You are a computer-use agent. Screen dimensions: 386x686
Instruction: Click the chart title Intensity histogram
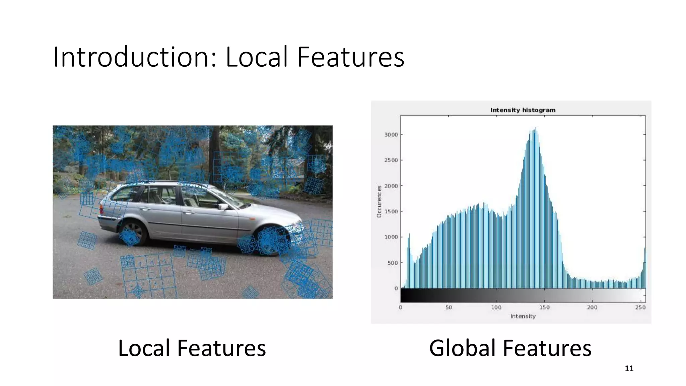pos(523,110)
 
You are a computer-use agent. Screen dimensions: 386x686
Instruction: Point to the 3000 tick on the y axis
pos(391,135)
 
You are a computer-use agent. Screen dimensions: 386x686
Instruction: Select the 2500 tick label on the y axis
pos(391,160)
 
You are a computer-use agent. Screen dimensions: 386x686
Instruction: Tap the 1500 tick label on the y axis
pos(391,211)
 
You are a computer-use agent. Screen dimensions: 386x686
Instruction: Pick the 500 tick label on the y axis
pos(393,263)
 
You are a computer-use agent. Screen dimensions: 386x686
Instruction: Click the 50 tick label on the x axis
pos(449,307)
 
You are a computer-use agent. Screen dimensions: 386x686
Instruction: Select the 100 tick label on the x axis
pos(496,307)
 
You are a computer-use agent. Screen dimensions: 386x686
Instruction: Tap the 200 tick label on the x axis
pos(592,307)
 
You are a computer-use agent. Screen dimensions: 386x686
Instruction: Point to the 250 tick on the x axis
pos(640,307)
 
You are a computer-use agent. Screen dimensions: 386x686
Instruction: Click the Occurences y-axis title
pos(379,201)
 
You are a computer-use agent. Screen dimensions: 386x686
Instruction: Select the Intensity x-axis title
pos(523,316)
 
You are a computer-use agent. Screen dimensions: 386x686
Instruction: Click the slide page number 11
pos(629,369)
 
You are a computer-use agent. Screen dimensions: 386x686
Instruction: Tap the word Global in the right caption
pos(462,348)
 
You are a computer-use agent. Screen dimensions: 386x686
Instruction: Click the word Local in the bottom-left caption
pos(144,348)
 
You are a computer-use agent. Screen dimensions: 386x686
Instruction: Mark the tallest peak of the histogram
pos(536,128)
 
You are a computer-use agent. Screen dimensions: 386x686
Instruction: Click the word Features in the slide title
pos(351,57)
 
